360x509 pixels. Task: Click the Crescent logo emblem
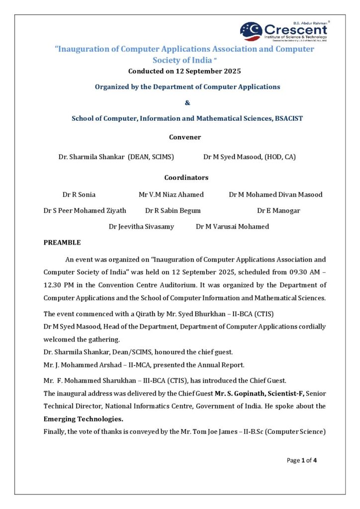coord(251,31)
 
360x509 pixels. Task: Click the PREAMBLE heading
coord(62,243)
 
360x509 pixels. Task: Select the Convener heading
coord(185,137)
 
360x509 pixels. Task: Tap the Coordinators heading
coord(186,177)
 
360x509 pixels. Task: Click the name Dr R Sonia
coord(79,194)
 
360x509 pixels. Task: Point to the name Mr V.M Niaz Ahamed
coord(171,194)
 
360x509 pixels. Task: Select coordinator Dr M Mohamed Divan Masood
coord(275,194)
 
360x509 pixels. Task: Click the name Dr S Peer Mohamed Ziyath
coord(85,210)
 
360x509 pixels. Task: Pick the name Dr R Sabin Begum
coord(173,210)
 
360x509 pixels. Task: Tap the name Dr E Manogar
coord(278,210)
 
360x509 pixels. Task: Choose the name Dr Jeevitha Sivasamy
coord(141,226)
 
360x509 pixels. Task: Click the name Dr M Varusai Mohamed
coord(232,226)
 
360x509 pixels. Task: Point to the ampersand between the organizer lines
coord(187,103)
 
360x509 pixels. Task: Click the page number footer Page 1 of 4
coord(301,460)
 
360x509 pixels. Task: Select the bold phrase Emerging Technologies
coord(84,419)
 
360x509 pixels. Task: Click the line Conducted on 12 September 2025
coord(184,71)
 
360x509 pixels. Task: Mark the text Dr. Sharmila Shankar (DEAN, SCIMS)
coord(116,157)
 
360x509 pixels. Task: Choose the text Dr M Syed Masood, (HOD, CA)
coord(250,157)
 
